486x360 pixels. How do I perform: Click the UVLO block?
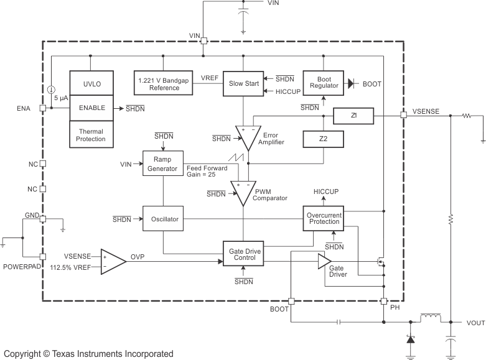(91, 83)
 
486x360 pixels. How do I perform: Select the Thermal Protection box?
(91, 135)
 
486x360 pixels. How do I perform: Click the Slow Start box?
(243, 83)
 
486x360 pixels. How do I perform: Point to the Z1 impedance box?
(353, 116)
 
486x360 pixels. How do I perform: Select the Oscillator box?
(164, 219)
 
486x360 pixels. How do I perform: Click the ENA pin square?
(42, 108)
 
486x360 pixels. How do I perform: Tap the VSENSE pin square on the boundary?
(403, 115)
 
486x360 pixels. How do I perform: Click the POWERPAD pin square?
(42, 257)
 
